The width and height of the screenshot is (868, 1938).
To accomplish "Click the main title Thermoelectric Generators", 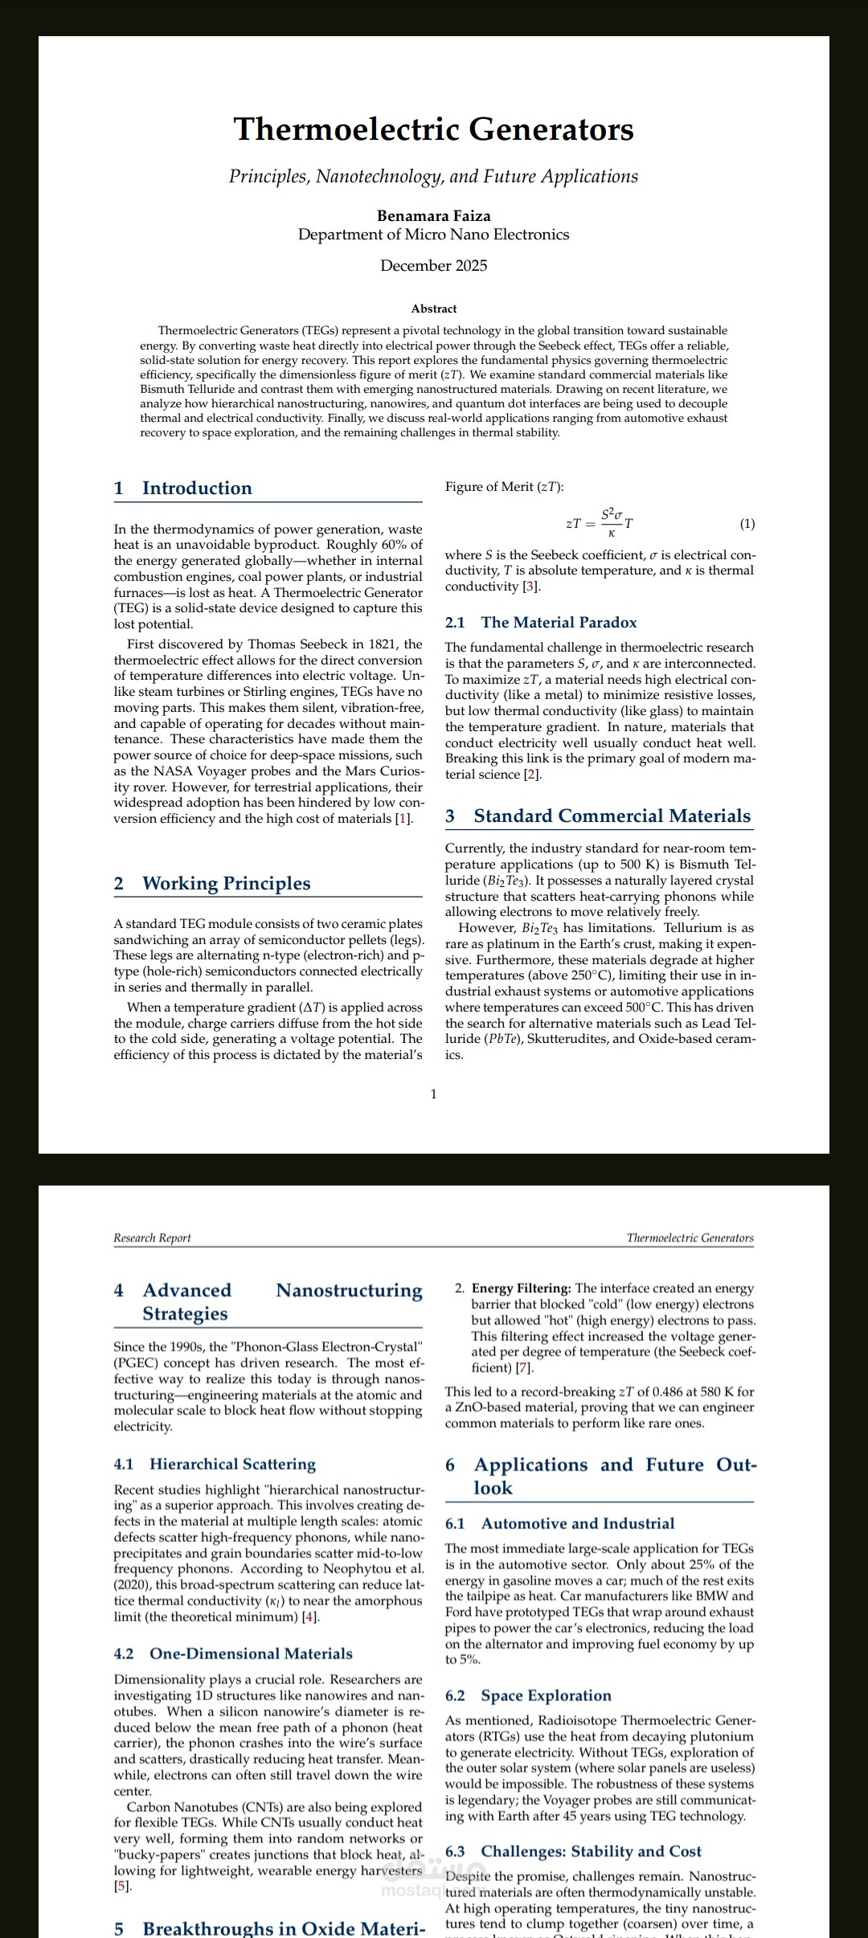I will pyautogui.click(x=433, y=129).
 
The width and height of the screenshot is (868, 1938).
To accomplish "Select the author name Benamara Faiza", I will pyautogui.click(x=433, y=215).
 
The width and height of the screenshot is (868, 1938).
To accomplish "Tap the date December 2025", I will pyautogui.click(x=433, y=266).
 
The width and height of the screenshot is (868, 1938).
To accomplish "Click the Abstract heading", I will pyautogui.click(x=433, y=309).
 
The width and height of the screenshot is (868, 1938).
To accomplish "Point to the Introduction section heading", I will pyautogui.click(x=197, y=489).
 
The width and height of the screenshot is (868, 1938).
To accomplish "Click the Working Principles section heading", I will pyautogui.click(x=226, y=884).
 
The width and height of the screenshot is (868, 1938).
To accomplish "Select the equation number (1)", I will pyautogui.click(x=747, y=524).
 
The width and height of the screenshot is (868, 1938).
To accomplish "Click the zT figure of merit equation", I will pyautogui.click(x=599, y=522).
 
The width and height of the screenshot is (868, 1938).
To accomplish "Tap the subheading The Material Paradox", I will pyautogui.click(x=559, y=623).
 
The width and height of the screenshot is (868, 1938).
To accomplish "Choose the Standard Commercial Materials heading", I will pyautogui.click(x=612, y=816).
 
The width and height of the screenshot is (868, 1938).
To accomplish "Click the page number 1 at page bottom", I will pyautogui.click(x=434, y=1094).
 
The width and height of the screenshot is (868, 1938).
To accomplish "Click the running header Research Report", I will pyautogui.click(x=152, y=1238).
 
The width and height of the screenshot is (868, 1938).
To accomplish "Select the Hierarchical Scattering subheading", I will pyautogui.click(x=232, y=1464).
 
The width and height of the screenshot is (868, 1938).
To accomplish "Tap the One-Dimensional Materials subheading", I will pyautogui.click(x=251, y=1654).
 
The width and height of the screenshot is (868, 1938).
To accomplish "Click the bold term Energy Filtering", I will pyautogui.click(x=521, y=1289).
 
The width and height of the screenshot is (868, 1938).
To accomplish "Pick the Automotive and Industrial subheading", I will pyautogui.click(x=577, y=1523).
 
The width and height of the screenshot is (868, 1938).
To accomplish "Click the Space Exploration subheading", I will pyautogui.click(x=546, y=1695).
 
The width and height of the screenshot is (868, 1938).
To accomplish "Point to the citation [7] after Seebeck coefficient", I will pyautogui.click(x=524, y=1368).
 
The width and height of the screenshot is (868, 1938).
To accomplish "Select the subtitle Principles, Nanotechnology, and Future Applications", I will pyautogui.click(x=433, y=177).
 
